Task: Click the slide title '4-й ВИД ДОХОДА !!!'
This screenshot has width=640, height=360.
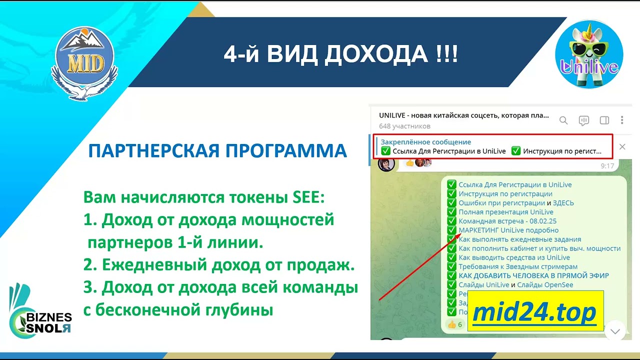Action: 340,54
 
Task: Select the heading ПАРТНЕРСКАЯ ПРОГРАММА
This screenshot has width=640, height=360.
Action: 217,150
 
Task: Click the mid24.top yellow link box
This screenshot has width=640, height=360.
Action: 535,311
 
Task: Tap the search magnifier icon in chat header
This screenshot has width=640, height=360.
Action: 563,120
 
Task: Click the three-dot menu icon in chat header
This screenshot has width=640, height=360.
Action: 622,120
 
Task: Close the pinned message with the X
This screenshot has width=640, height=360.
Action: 622,147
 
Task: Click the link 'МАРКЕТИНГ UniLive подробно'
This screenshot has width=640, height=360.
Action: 508,230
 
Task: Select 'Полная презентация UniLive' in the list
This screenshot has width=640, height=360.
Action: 506,212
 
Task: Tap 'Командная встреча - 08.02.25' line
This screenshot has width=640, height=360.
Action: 507,221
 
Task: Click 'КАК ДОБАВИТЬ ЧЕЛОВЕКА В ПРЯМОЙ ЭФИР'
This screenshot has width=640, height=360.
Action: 533,275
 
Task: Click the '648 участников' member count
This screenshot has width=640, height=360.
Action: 404,126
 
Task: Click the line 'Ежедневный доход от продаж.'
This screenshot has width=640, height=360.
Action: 219,265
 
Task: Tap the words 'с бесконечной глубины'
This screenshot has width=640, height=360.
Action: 178,310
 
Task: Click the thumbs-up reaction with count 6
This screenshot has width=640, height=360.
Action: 455,324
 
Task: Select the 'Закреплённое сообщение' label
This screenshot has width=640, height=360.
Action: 425,142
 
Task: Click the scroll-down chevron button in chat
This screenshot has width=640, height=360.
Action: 615,331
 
